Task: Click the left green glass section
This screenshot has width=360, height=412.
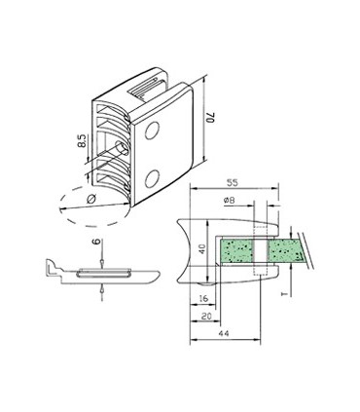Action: coord(241,252)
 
